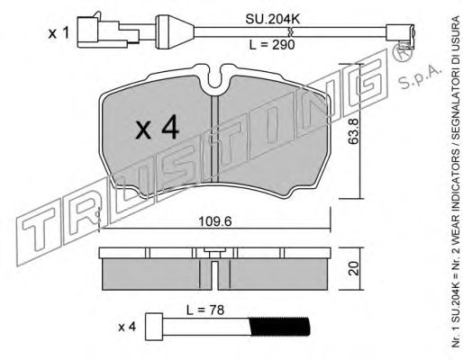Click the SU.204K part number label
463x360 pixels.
pos(273,20)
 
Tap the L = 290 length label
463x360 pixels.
pos(272,45)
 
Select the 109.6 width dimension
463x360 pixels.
pos(215,222)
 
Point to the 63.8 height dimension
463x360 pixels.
pos(353,131)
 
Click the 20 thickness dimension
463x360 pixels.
pos(355,268)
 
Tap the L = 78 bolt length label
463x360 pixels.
pos(205,310)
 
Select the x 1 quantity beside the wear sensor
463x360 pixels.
pos(59,33)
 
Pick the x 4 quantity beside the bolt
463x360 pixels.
pos(127,327)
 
